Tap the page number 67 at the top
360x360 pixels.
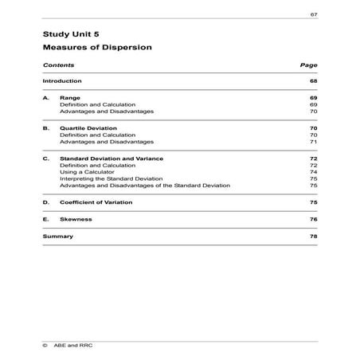tap(314, 15)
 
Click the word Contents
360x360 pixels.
tap(59, 65)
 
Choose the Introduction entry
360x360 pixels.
tap(62, 80)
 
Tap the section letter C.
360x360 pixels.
tap(46, 158)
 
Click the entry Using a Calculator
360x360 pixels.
tap(83, 172)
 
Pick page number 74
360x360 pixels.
tap(314, 172)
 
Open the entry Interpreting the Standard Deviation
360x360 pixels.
tap(105, 178)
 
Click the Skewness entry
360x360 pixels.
tap(76, 218)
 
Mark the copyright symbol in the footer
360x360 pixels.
tap(45, 346)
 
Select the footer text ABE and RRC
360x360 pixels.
tap(80, 346)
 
